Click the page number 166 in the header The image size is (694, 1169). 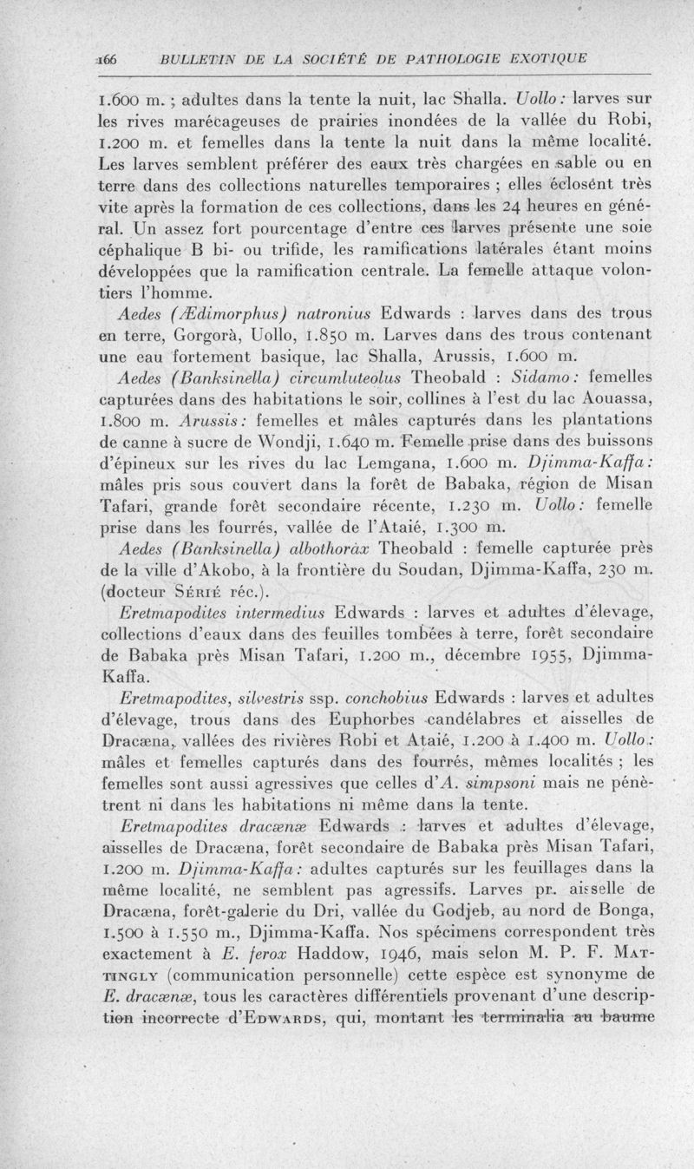[x=112, y=59]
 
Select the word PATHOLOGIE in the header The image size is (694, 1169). [x=412, y=59]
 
